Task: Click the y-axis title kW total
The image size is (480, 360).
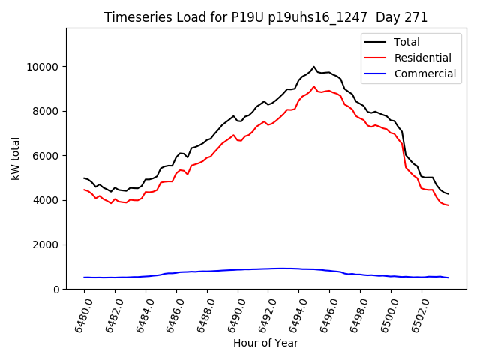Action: tap(15, 159)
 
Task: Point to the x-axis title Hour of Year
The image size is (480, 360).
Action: tap(265, 343)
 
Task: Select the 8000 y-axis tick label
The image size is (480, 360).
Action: tap(48, 111)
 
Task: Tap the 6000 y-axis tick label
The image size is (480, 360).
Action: tap(48, 156)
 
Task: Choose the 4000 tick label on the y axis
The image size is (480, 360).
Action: tap(48, 200)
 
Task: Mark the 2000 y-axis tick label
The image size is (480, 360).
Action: tap(48, 244)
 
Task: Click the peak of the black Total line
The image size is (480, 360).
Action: tap(314, 67)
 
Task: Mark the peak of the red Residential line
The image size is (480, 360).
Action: tap(314, 86)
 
